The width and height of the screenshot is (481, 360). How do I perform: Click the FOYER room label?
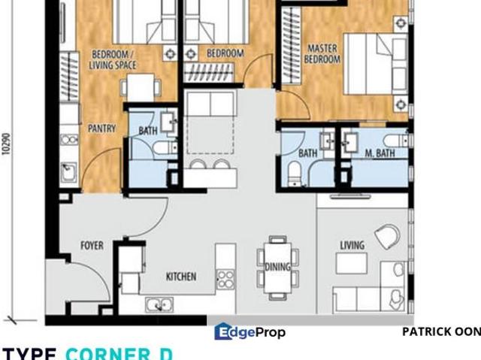pos(92,246)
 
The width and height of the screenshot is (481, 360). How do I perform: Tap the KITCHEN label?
pos(181,277)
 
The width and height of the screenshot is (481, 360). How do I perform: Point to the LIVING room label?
pos(352,245)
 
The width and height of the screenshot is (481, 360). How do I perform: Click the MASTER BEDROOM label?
pos(322,55)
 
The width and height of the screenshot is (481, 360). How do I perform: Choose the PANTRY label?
pos(101,129)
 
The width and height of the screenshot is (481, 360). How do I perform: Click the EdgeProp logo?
pos(250,331)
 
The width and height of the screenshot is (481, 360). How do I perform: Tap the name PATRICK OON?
pos(440,331)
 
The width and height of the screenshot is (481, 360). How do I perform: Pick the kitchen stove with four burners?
pos(225,280)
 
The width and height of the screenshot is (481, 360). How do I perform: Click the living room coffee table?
pos(351,263)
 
